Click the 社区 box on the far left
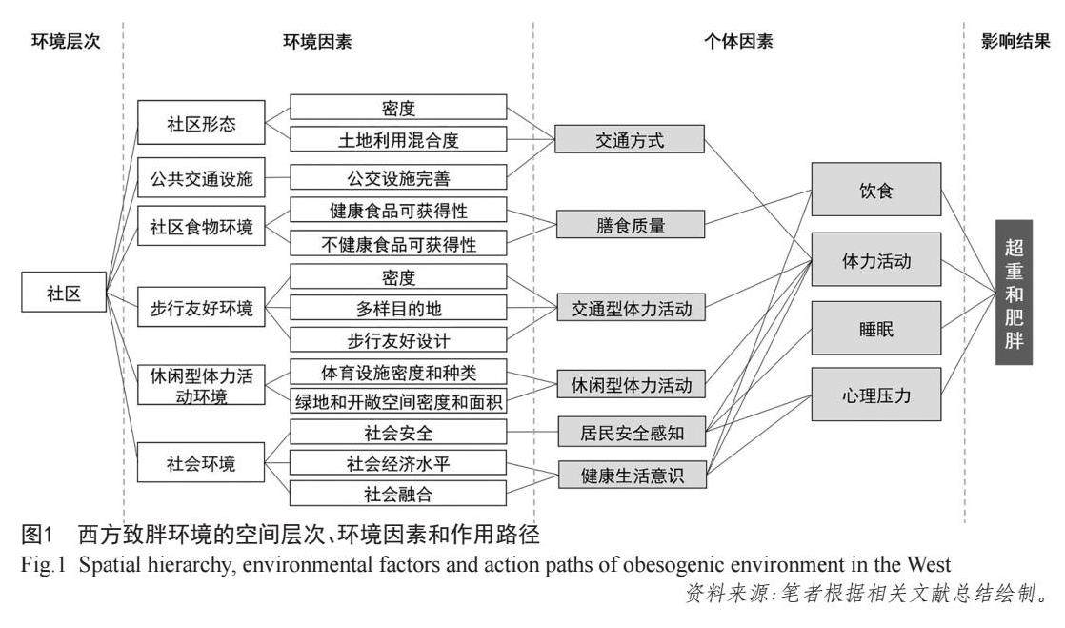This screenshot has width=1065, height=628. (63, 294)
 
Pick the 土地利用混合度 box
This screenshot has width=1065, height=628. (398, 141)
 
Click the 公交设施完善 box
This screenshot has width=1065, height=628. (398, 177)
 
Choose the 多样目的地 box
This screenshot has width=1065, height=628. (398, 309)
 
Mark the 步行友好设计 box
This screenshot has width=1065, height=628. (398, 338)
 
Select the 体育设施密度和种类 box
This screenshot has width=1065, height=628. (398, 372)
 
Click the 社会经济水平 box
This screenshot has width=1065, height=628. (398, 464)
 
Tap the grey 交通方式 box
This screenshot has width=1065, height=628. (631, 141)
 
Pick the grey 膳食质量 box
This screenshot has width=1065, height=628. (631, 225)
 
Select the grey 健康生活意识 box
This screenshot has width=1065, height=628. (631, 474)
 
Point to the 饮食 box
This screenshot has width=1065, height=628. (875, 189)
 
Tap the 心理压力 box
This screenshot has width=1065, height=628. (875, 395)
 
